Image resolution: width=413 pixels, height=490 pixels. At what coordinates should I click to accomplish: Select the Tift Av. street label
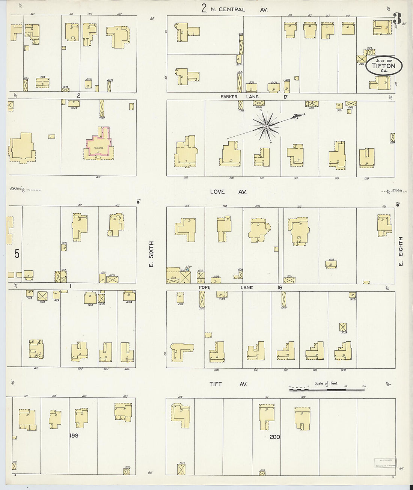click(x=227, y=384)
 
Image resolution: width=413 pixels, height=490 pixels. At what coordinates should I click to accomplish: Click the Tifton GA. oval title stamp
click(x=384, y=66)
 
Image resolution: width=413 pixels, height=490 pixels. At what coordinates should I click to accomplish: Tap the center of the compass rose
click(x=266, y=127)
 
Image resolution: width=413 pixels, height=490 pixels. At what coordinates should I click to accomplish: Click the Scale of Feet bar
click(x=327, y=390)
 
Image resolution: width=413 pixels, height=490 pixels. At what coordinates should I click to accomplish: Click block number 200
click(x=274, y=437)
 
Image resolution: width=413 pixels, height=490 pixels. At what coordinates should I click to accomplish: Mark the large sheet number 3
click(x=397, y=18)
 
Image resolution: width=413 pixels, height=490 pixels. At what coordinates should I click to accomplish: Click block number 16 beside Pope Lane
click(x=280, y=288)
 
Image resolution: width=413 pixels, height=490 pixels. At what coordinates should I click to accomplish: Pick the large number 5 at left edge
click(x=17, y=254)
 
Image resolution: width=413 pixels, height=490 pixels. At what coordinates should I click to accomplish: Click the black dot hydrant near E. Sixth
click(x=138, y=202)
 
